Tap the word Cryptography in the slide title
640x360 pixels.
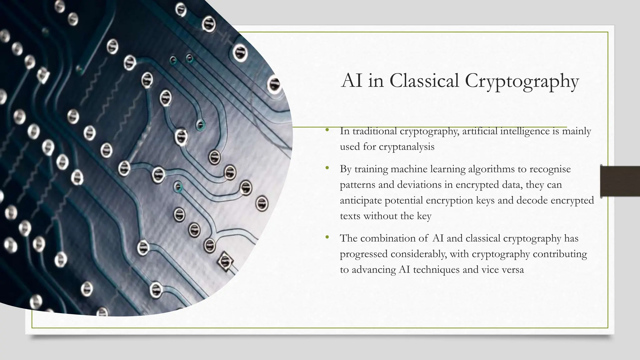[522, 82]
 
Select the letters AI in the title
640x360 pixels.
[352, 81]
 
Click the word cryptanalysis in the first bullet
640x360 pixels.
[406, 147]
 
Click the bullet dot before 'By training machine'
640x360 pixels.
[327, 168]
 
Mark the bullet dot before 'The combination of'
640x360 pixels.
[327, 237]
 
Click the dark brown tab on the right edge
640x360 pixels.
[620, 181]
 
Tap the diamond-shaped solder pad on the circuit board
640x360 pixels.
[225, 261]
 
